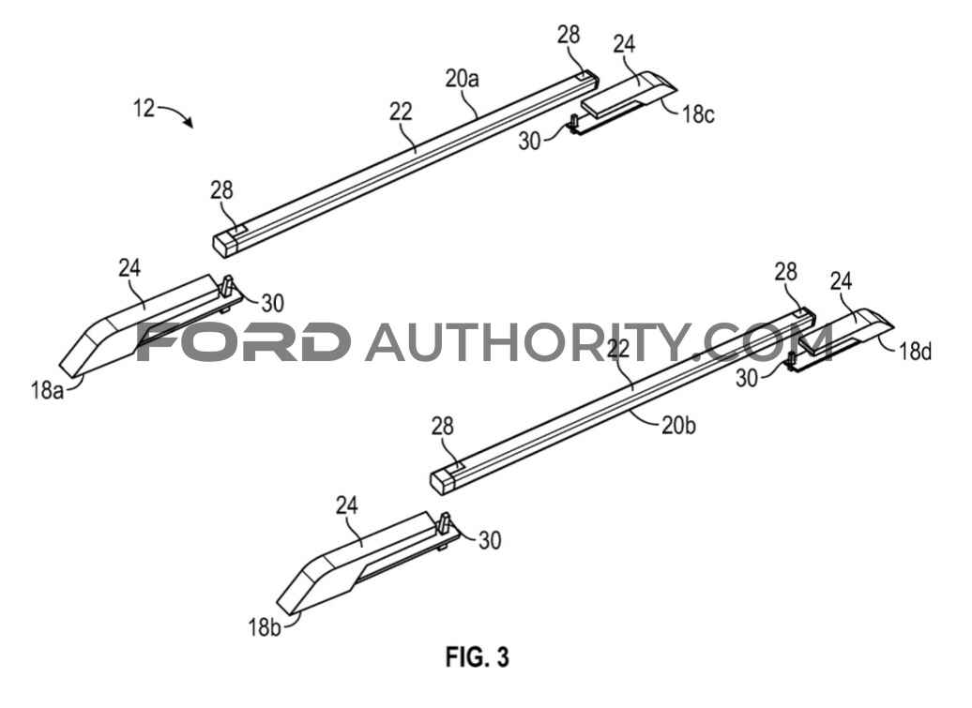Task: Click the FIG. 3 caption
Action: pyautogui.click(x=477, y=656)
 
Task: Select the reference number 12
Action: pyautogui.click(x=144, y=109)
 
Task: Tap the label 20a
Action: pyautogui.click(x=462, y=79)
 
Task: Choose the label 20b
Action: pyautogui.click(x=678, y=426)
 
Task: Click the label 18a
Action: pyautogui.click(x=48, y=391)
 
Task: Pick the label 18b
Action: pyautogui.click(x=265, y=627)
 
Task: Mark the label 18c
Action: pyautogui.click(x=699, y=114)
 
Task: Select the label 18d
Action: pyautogui.click(x=916, y=352)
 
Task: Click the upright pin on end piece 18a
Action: pyautogui.click(x=227, y=286)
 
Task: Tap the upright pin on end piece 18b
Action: pyautogui.click(x=444, y=524)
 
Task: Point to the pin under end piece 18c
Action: pyautogui.click(x=574, y=123)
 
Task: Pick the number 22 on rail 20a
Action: pyautogui.click(x=401, y=112)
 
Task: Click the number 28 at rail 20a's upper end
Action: pyautogui.click(x=569, y=35)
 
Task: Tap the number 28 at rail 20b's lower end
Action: pyautogui.click(x=443, y=426)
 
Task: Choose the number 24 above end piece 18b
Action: pyautogui.click(x=347, y=505)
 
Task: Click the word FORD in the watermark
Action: pyautogui.click(x=242, y=342)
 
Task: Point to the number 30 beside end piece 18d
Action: pyautogui.click(x=747, y=378)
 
